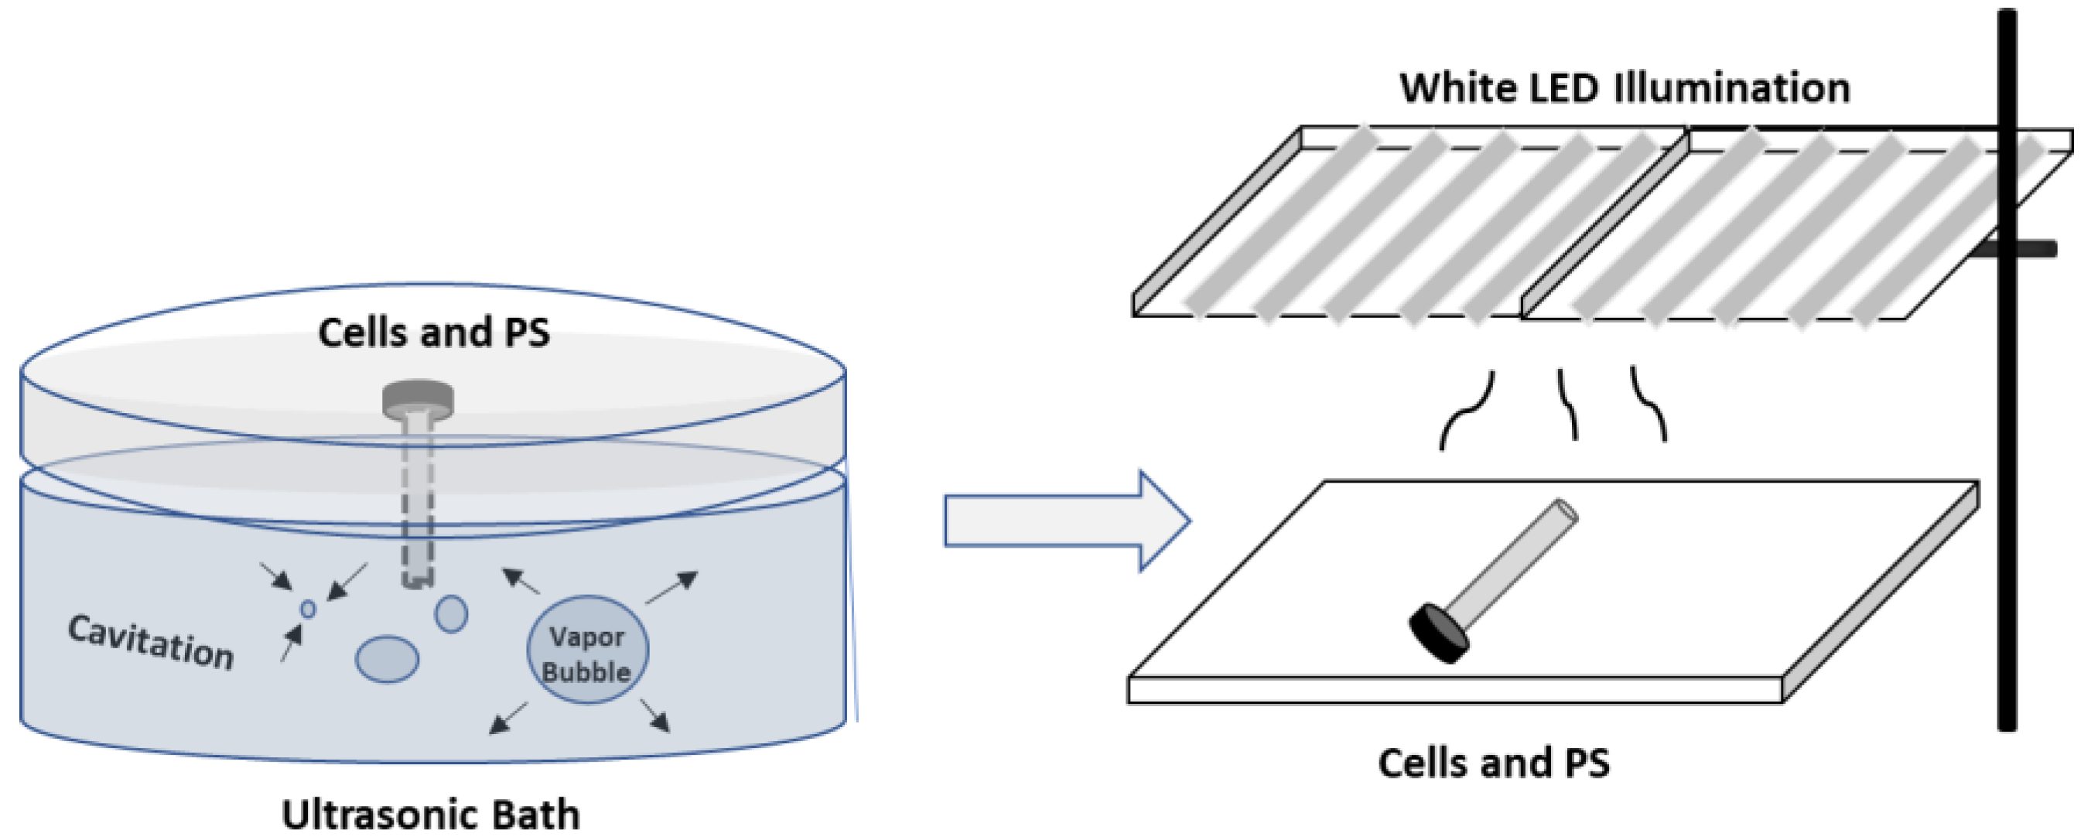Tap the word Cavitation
pos(151,642)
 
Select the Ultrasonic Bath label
pos(431,814)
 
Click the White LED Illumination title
pos(1625,87)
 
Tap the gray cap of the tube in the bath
pos(418,398)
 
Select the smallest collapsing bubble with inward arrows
pos(308,609)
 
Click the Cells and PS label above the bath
pos(433,333)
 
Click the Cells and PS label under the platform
pos(1494,763)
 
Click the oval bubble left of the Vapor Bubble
pos(388,659)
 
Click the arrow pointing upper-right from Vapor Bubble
pos(673,588)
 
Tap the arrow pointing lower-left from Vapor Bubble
pos(508,719)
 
